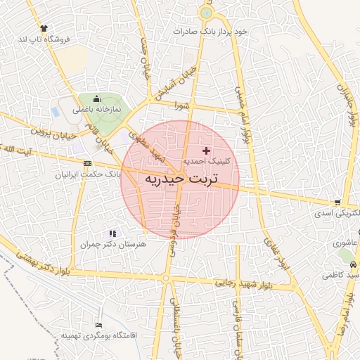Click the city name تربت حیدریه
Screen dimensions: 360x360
(181, 179)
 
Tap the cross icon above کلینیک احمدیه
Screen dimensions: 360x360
(206, 150)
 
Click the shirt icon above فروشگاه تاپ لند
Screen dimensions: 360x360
(44, 29)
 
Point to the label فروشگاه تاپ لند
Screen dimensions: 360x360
(44, 39)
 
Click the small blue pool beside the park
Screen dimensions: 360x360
(56, 112)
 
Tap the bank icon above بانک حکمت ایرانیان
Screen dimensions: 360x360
(87, 163)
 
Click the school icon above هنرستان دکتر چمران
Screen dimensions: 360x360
(112, 233)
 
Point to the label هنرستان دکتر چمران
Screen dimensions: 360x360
(112, 243)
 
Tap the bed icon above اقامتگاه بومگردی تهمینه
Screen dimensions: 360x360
(98, 325)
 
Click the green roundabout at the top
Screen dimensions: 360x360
(206, 13)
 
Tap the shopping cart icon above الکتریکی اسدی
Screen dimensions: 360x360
(338, 202)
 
